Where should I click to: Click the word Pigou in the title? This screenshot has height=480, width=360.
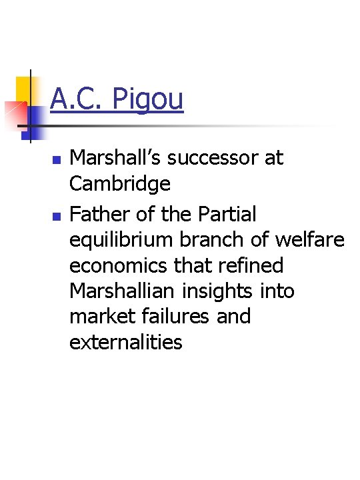tap(148, 99)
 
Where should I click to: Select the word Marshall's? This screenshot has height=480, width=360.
tap(117, 158)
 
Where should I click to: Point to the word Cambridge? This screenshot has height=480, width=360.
tap(120, 183)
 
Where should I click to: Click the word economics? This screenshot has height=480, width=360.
tap(121, 265)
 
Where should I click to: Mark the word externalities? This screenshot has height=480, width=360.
tap(126, 341)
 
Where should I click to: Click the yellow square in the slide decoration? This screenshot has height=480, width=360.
tap(24, 87)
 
